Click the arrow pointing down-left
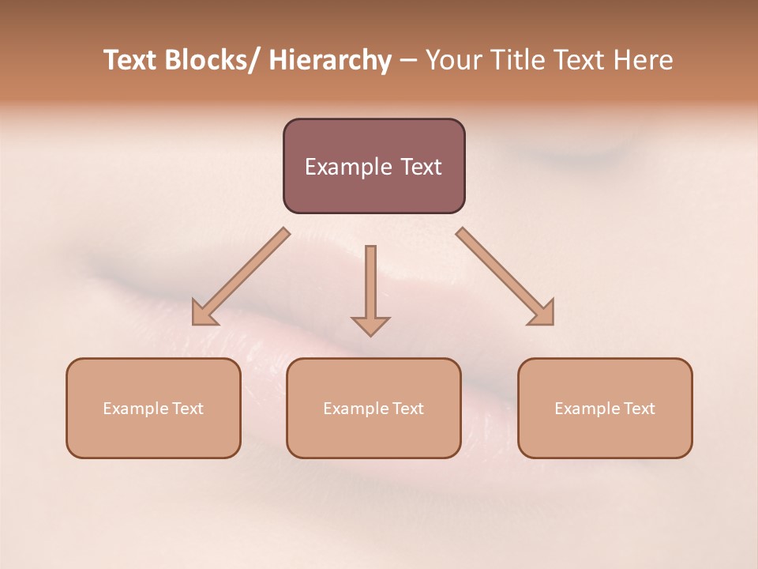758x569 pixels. pos(241,277)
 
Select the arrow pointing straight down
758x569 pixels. pos(370,284)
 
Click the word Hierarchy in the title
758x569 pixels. pos(330,60)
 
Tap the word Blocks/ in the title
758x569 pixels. pos(212,60)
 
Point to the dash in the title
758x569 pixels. pos(408,61)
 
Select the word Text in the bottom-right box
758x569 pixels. pos(639,409)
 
